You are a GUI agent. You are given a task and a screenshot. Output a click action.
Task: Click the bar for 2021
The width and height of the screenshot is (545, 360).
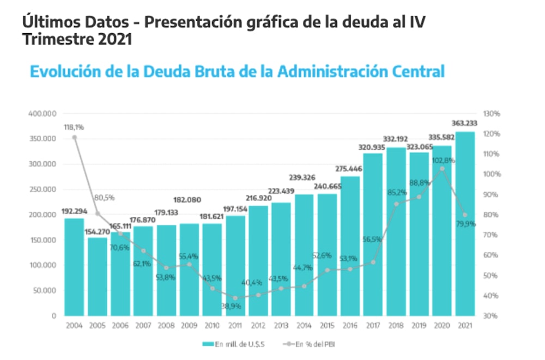(465, 223)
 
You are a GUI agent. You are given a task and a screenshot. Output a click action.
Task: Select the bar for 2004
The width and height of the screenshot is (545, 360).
(74, 267)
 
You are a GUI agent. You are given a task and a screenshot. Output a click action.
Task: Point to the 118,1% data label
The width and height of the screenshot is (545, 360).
(74, 127)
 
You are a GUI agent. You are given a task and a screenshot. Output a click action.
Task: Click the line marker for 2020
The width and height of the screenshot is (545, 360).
(442, 169)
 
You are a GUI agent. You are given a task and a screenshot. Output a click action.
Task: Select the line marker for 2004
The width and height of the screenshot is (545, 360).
(74, 137)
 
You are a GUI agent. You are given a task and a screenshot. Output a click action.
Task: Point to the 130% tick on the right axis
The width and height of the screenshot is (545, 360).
(492, 114)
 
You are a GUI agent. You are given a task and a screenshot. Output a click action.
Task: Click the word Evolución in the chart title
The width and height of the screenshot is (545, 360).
(65, 71)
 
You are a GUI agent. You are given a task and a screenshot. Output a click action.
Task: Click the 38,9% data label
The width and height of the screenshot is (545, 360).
(235, 306)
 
